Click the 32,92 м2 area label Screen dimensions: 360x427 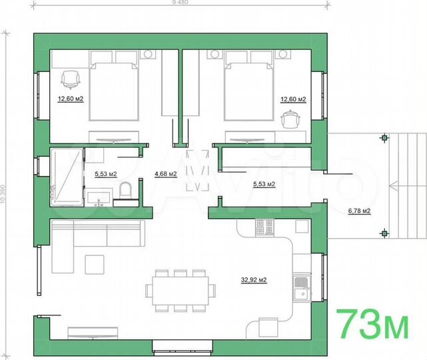(x=254, y=280)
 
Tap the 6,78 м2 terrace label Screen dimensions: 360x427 (x=359, y=211)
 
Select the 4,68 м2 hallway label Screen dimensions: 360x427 (x=165, y=174)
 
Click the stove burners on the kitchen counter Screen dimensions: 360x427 (x=264, y=227)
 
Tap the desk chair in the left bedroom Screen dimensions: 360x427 (x=71, y=80)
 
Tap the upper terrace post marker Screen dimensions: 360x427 (x=384, y=139)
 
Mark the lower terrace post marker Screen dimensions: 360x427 (x=384, y=233)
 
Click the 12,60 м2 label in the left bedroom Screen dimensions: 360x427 (x=71, y=99)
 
